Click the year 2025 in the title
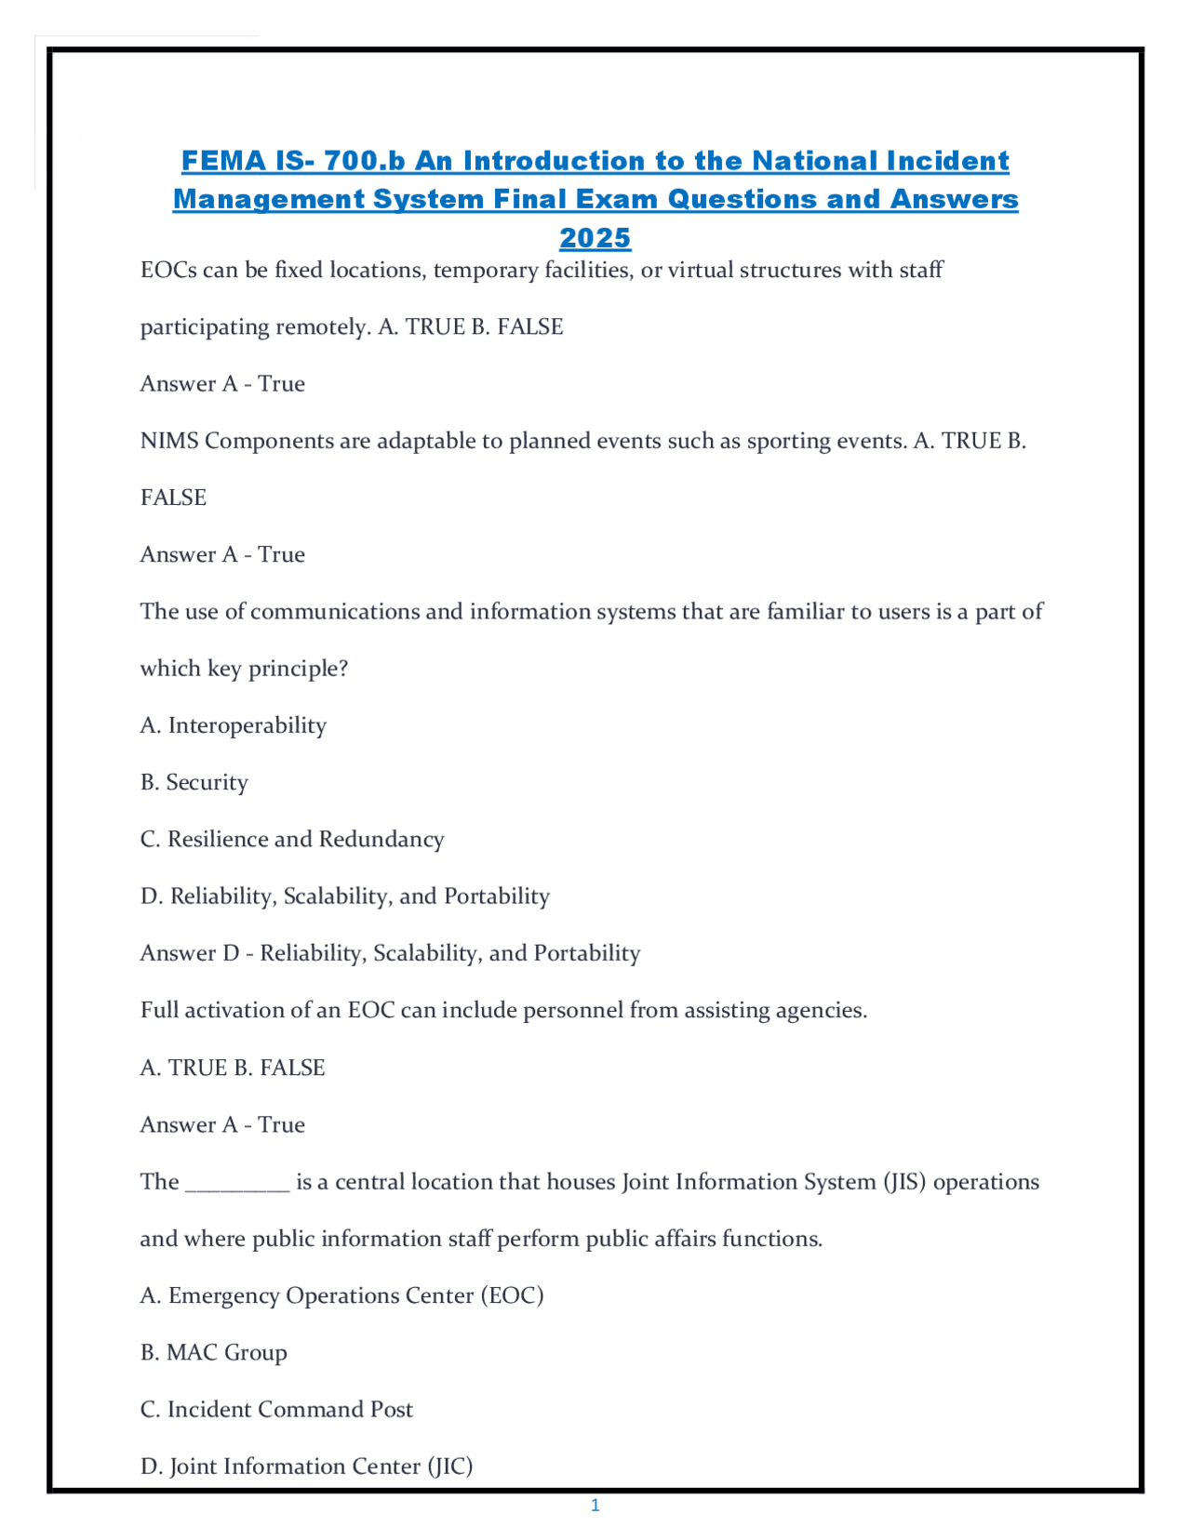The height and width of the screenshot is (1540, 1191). point(595,238)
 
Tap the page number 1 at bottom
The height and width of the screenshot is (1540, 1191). point(595,1506)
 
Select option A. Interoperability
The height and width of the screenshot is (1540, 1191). point(234,725)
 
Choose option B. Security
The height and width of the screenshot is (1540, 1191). point(194,782)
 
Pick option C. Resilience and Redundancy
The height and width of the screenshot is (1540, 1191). point(292,839)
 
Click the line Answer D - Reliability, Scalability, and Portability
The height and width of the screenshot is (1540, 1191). point(390,953)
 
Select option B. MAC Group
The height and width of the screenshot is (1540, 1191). point(214,1352)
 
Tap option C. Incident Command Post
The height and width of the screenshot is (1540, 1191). point(276,1409)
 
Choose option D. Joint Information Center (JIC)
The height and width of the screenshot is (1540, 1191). point(306,1467)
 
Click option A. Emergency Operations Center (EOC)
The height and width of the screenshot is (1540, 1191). point(341,1295)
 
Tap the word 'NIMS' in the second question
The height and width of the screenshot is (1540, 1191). point(169,441)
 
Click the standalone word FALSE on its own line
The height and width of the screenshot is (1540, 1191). point(173,498)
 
